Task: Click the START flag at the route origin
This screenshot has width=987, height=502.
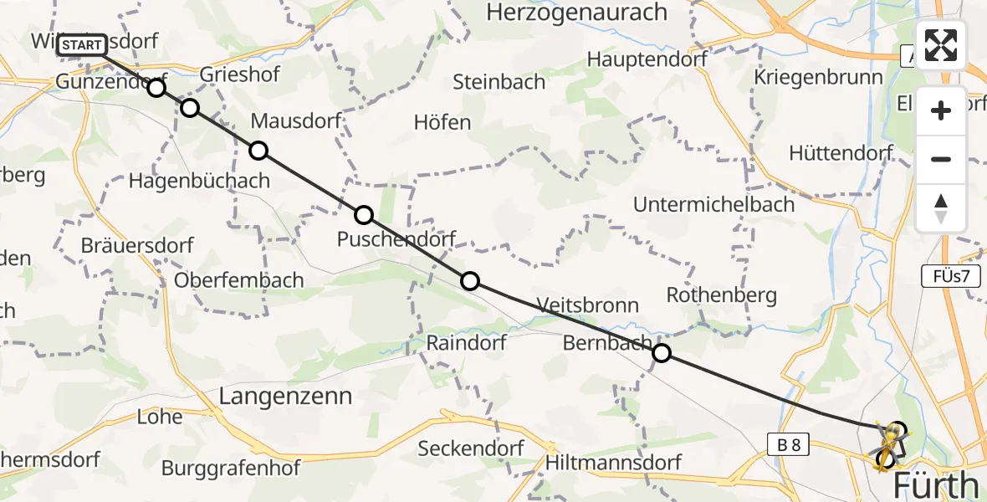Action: pyautogui.click(x=82, y=45)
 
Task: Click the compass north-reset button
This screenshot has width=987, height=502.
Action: pyautogui.click(x=941, y=208)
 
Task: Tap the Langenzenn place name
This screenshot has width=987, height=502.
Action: pyautogui.click(x=285, y=396)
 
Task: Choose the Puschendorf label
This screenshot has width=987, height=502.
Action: pyautogui.click(x=396, y=239)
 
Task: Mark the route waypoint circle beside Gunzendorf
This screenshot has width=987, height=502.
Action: pyautogui.click(x=156, y=88)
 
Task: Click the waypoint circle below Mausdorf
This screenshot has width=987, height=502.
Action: pyautogui.click(x=258, y=151)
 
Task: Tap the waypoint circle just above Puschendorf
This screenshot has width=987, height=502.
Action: pyautogui.click(x=364, y=215)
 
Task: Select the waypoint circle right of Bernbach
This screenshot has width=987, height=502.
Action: pyautogui.click(x=662, y=353)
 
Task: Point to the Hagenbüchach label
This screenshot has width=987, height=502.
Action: pyautogui.click(x=199, y=180)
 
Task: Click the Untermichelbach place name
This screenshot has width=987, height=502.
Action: pyautogui.click(x=713, y=204)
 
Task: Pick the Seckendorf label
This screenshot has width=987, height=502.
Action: pyautogui.click(x=471, y=448)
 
